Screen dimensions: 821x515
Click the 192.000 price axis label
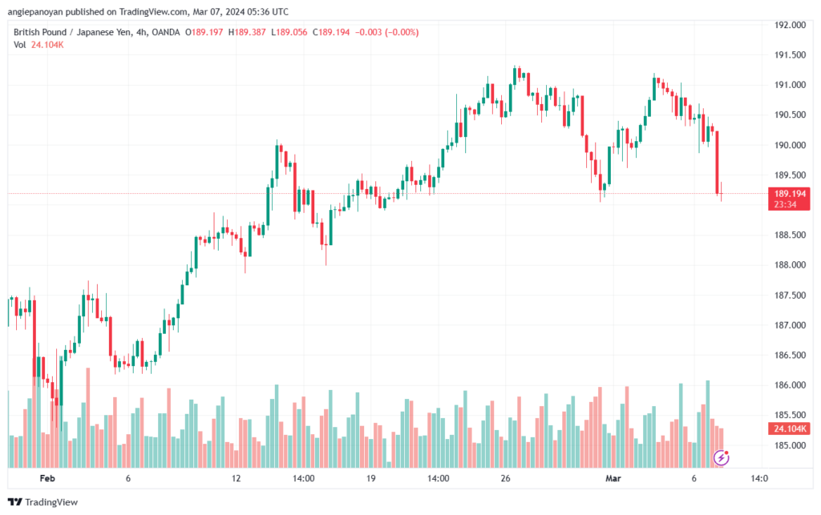(x=790, y=25)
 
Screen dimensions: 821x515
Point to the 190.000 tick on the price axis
(x=790, y=145)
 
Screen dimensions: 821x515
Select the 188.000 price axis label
(x=790, y=264)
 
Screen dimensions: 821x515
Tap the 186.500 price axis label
(x=790, y=355)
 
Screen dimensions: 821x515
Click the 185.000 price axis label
(x=790, y=445)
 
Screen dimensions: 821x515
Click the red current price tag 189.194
(x=789, y=194)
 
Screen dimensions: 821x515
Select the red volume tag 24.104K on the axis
(x=790, y=428)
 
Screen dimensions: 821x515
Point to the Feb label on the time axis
(x=47, y=478)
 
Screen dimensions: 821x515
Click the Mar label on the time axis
(x=613, y=478)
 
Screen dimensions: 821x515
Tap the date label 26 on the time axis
(x=505, y=478)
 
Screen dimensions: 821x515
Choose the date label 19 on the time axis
(x=370, y=478)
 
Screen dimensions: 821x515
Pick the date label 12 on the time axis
(x=237, y=478)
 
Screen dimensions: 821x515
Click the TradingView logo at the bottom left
(x=43, y=502)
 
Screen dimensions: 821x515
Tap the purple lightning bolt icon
(x=722, y=458)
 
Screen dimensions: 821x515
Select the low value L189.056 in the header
(x=289, y=32)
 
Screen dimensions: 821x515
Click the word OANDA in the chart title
(x=165, y=32)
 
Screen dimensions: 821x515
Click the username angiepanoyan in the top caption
(x=35, y=11)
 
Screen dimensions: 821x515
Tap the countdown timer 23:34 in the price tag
(x=786, y=204)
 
